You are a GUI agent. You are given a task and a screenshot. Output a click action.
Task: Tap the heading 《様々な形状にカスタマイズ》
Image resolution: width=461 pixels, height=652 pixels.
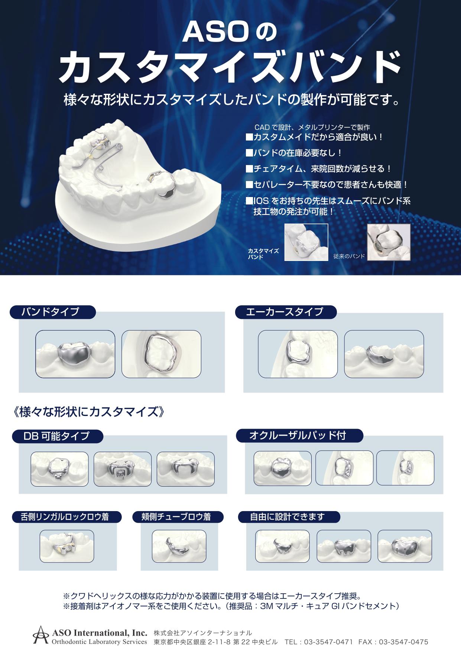click(x=88, y=412)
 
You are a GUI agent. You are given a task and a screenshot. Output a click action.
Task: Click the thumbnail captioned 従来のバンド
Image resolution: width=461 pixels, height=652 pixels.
click(x=389, y=242)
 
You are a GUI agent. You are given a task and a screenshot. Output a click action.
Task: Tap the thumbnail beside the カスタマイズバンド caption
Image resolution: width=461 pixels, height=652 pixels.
click(x=306, y=242)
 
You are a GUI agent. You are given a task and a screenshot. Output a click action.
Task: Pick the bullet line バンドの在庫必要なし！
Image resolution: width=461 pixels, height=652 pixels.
click(x=294, y=153)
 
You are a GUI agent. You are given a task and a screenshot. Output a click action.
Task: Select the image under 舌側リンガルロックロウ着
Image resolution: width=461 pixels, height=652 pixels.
click(x=67, y=546)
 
